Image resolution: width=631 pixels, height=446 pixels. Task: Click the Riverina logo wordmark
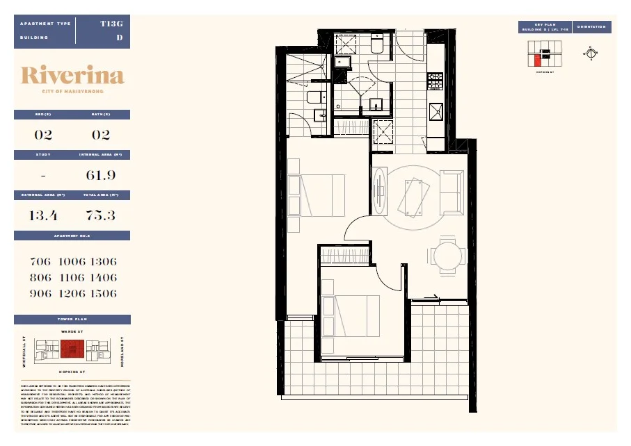72,76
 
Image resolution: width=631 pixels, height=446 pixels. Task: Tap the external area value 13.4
43,215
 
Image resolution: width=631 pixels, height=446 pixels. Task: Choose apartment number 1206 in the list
72,293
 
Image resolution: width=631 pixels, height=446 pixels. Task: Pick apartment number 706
41,262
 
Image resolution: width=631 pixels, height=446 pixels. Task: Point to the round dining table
447,256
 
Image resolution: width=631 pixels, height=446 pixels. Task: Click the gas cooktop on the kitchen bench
435,81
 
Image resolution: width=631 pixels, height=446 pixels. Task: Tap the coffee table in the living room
413,196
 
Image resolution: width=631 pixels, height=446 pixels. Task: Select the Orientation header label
591,27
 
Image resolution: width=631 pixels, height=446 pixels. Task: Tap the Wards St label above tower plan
72,332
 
